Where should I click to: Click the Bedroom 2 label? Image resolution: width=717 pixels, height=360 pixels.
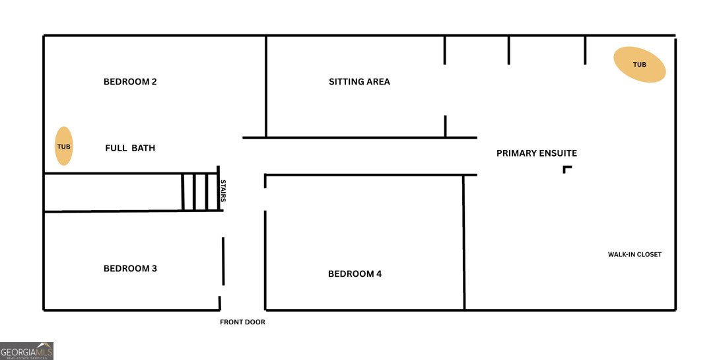pyautogui.click(x=130, y=82)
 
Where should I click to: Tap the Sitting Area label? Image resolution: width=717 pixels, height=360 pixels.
pyautogui.click(x=359, y=82)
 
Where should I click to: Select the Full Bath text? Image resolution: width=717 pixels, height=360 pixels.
pyautogui.click(x=130, y=148)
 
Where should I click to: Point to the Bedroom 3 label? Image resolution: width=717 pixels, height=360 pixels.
pyautogui.click(x=130, y=268)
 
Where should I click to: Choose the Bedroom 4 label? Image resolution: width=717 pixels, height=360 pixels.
pyautogui.click(x=355, y=274)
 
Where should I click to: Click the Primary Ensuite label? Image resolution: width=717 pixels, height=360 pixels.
pyautogui.click(x=537, y=153)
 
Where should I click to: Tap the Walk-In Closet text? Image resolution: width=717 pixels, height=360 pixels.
pyautogui.click(x=634, y=254)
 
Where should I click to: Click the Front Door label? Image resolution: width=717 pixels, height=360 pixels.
pyautogui.click(x=242, y=322)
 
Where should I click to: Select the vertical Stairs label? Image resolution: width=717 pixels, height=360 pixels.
pyautogui.click(x=223, y=191)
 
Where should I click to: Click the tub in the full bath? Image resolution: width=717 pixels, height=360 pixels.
pyautogui.click(x=64, y=146)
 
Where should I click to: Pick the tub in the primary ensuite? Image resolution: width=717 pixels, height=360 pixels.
pyautogui.click(x=639, y=65)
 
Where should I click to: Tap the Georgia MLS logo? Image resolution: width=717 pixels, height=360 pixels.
pyautogui.click(x=26, y=351)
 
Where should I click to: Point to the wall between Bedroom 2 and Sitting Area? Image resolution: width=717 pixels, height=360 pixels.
pyautogui.click(x=266, y=87)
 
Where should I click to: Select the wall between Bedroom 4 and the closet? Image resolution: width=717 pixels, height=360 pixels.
pyautogui.click(x=463, y=242)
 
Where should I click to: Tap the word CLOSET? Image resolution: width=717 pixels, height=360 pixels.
pyautogui.click(x=648, y=254)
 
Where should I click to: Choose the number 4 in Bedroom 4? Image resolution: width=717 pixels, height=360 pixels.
pyautogui.click(x=378, y=274)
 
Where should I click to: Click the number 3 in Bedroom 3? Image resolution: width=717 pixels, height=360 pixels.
pyautogui.click(x=154, y=268)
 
